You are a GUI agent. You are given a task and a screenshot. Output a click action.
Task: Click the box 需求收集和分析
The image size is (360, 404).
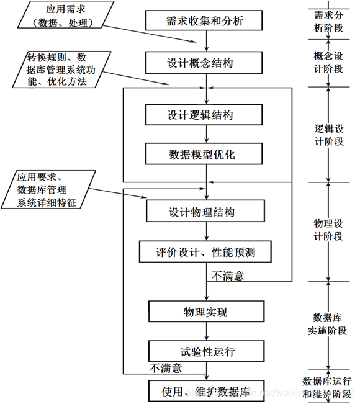click(204, 20)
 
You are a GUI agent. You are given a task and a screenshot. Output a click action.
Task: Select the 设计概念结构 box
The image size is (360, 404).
click(204, 63)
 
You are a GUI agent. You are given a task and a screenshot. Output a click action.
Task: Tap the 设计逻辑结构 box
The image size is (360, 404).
click(204, 115)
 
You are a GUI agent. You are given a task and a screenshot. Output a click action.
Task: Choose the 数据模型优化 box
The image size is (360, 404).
click(204, 154)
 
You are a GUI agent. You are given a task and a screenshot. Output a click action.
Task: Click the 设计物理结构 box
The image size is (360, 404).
click(205, 211)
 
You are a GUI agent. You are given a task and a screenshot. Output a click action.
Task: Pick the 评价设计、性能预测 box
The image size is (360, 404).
click(205, 252)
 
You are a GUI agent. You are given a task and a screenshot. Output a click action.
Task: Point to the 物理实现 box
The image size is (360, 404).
click(207, 312)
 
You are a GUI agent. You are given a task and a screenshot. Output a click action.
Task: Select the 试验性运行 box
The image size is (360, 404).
click(207, 351)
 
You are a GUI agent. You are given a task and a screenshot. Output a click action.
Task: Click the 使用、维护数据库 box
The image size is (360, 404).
click(207, 390)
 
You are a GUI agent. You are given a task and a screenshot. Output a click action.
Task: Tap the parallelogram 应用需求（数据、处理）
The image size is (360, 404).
click(66, 15)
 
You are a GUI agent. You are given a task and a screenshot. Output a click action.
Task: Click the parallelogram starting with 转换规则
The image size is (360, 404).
click(61, 70)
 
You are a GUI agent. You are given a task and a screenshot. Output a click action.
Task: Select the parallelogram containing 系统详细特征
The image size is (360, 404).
click(48, 189)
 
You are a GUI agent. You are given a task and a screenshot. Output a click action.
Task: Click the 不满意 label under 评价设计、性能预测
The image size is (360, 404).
click(228, 276)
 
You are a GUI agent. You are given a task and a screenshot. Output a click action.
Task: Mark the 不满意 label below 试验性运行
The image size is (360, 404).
click(166, 368)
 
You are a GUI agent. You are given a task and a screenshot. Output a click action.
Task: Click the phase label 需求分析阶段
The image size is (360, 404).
click(328, 21)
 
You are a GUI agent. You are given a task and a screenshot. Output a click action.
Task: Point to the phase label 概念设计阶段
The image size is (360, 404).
click(328, 62)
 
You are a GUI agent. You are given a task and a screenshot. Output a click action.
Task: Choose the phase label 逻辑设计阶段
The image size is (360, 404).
click(329, 135)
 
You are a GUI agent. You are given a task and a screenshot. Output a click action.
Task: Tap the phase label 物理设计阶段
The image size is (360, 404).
click(328, 230)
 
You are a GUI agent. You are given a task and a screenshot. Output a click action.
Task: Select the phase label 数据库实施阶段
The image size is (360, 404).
click(328, 324)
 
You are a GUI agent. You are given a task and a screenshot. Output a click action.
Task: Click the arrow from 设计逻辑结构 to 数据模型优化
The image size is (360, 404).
click(207, 134)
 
